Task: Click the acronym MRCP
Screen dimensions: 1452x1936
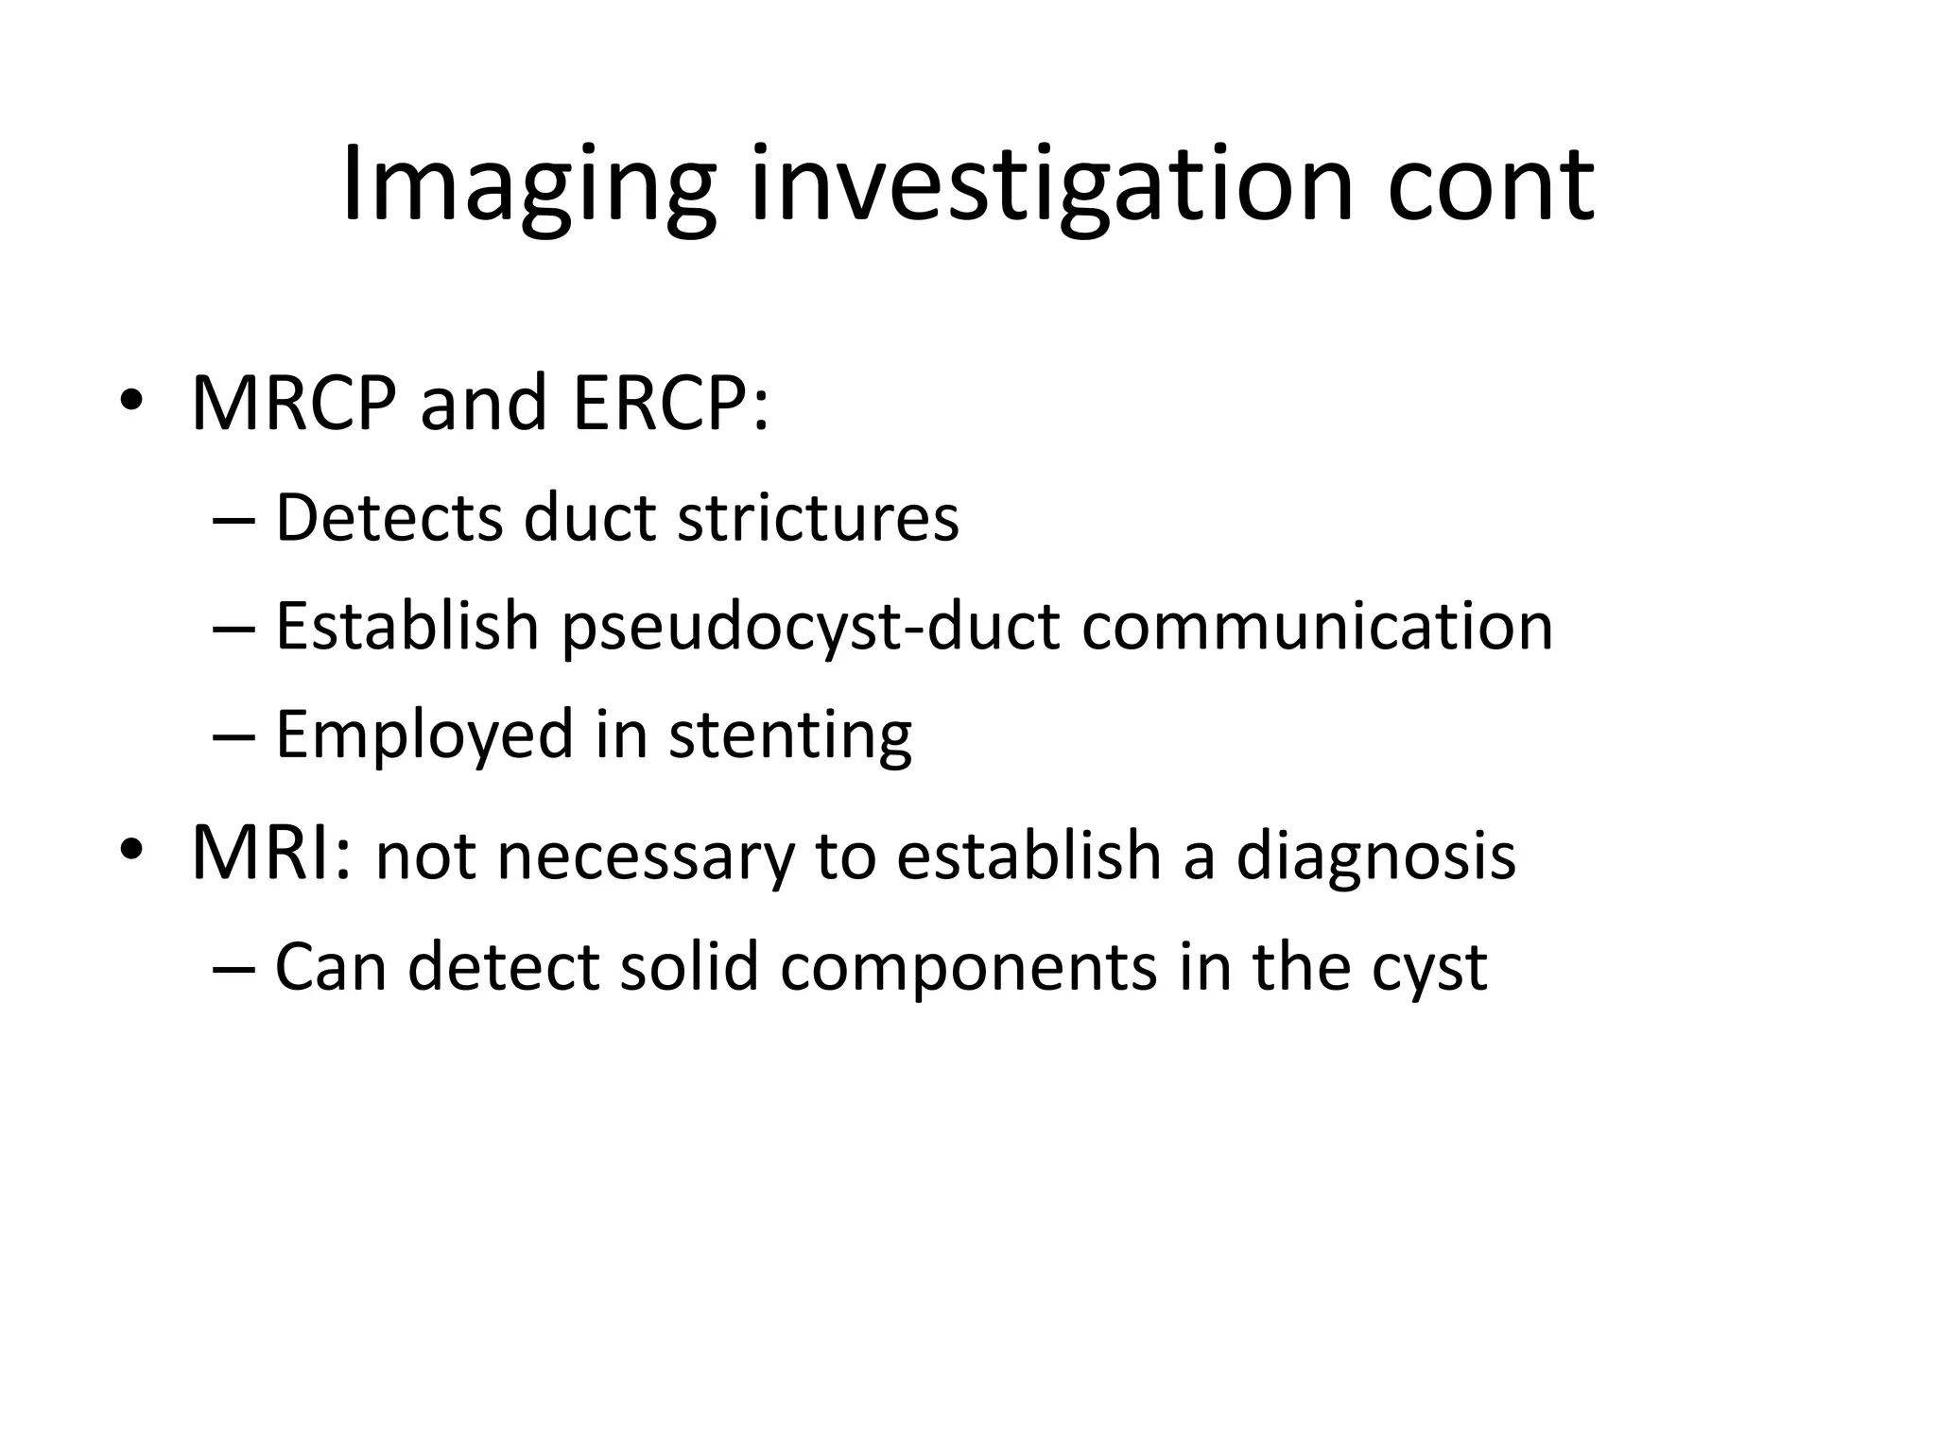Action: pos(293,404)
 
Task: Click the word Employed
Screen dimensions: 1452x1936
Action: pos(424,735)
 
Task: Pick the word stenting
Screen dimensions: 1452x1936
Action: pos(790,735)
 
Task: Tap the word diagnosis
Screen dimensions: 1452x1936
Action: pos(1375,856)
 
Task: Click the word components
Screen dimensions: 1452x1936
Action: pos(968,968)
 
